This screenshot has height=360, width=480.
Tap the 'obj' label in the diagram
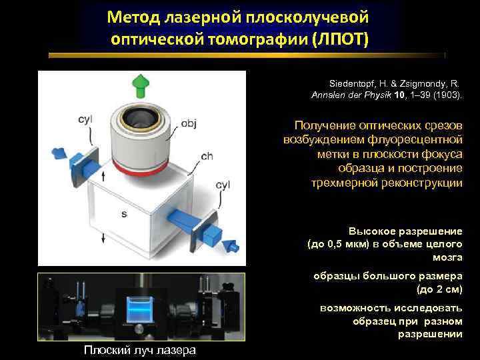coord(189,124)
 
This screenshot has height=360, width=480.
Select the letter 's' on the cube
coord(124,214)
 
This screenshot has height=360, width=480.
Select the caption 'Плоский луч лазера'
coord(140,351)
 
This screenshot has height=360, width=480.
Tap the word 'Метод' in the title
coord(137,15)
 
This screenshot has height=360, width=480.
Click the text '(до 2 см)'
coord(439,289)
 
